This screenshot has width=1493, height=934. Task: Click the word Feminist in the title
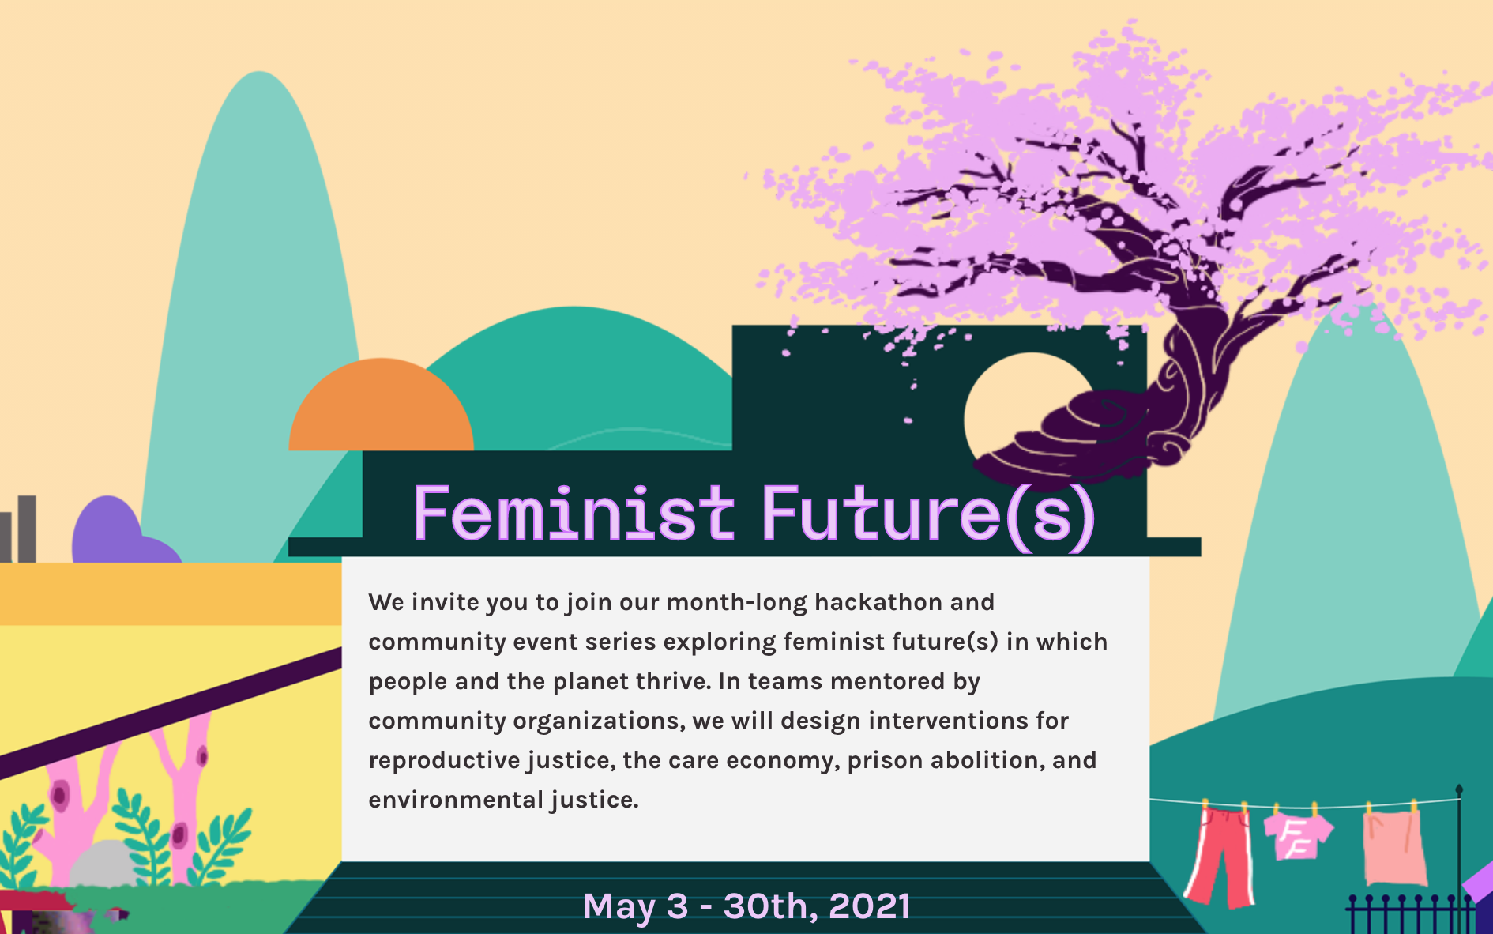(574, 513)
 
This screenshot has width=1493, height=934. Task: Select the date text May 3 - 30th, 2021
(746, 906)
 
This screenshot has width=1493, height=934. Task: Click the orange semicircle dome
(381, 406)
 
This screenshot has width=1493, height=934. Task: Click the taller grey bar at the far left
(28, 529)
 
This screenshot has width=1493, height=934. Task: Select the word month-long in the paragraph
(737, 603)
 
